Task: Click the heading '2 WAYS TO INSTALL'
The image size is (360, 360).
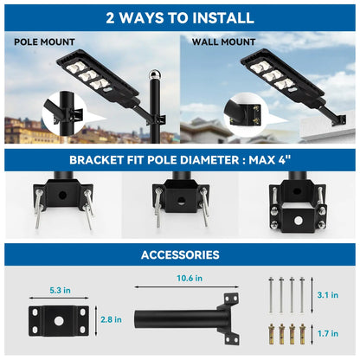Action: pos(180,17)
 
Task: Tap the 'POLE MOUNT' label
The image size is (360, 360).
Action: pos(44,42)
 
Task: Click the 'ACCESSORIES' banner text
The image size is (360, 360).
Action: pos(180,254)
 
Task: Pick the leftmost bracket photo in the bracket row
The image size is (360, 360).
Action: pos(63,204)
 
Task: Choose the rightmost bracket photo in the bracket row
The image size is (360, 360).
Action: pos(297,204)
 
